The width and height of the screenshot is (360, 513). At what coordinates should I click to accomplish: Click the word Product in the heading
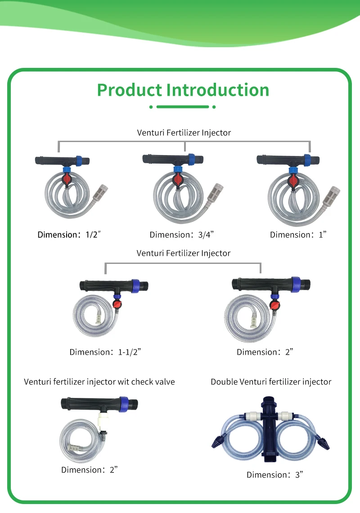click(130, 90)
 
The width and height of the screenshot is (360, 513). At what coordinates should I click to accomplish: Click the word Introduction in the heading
click(218, 90)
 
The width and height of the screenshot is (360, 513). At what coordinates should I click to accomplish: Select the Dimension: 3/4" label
click(181, 234)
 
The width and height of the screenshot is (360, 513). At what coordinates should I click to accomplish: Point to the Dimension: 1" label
click(298, 234)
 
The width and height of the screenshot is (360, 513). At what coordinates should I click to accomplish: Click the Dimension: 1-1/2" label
click(105, 352)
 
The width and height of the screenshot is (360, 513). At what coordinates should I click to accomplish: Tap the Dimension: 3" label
click(273, 474)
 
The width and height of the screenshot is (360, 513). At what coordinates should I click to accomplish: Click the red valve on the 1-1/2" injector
click(118, 305)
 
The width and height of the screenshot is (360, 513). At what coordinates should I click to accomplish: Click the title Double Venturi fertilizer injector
click(271, 382)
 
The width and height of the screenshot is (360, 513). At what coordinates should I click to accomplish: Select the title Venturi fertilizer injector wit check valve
click(99, 382)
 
